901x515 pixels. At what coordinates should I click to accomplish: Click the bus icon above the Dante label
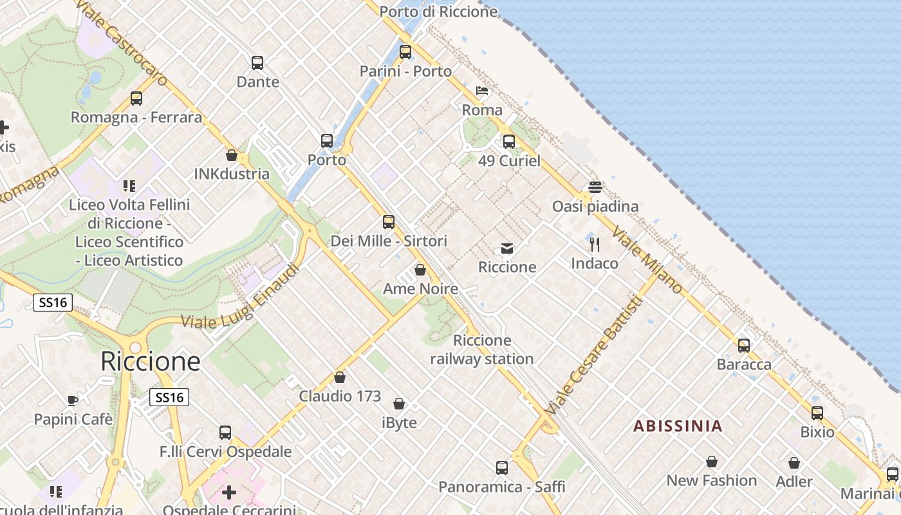point(257,63)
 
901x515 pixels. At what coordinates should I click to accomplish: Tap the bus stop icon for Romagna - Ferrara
point(136,98)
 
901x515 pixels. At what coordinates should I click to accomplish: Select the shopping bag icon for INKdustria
point(232,155)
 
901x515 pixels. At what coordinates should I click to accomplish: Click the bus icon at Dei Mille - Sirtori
point(389,222)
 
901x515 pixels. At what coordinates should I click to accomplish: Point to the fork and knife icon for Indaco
point(595,245)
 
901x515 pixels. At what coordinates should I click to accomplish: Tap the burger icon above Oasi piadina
point(595,187)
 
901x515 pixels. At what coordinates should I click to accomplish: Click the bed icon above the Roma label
point(482,91)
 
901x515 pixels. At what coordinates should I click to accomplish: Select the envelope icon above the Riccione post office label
point(507,248)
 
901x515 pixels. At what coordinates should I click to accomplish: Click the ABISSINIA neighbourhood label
point(678,426)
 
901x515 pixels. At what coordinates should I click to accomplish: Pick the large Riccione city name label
point(151,362)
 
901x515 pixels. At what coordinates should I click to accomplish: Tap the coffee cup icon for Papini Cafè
point(73,400)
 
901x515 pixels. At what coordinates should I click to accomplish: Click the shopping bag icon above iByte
point(399,404)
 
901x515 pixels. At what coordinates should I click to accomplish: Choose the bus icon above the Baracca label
point(744,346)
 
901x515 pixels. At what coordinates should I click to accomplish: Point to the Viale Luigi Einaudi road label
point(241,297)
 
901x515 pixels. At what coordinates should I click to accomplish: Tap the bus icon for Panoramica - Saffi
point(502,468)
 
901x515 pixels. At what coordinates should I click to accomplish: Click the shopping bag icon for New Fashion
point(712,462)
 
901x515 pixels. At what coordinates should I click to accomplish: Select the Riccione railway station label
point(482,350)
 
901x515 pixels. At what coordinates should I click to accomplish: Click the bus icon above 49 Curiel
point(509,142)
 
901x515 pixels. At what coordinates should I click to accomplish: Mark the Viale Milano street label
point(647,260)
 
